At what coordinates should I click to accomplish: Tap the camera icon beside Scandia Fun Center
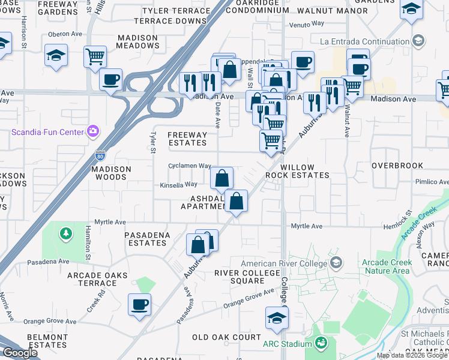[x=92, y=131]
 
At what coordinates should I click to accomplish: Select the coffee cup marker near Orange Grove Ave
[x=139, y=305]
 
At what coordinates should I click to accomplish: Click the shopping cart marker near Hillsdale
[x=95, y=56]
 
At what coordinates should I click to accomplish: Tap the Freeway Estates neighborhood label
[x=187, y=139]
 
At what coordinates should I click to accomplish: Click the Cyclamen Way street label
[x=190, y=166]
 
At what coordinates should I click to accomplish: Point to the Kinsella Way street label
[x=178, y=185]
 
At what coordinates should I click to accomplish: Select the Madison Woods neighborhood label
[x=111, y=173]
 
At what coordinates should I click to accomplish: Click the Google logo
[x=20, y=353]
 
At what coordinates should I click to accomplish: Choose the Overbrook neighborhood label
[x=397, y=166]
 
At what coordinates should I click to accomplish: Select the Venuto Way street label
[x=306, y=24]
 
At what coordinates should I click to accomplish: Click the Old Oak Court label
[x=226, y=337]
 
